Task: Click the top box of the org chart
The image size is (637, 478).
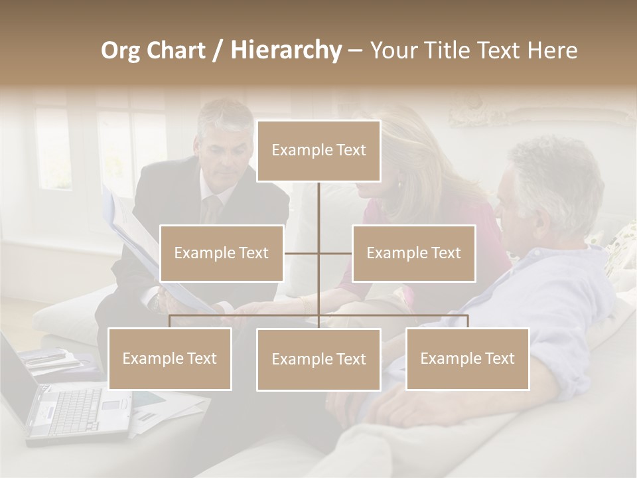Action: point(318,151)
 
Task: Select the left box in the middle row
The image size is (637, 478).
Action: point(222,253)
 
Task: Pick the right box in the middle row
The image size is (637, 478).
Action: point(413,253)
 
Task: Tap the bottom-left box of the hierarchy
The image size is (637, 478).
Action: point(170,358)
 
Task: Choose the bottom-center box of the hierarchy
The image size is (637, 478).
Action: point(318,359)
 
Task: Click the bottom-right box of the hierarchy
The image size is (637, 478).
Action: point(467,358)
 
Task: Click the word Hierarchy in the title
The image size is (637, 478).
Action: point(286,50)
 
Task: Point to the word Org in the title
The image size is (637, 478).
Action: point(120,50)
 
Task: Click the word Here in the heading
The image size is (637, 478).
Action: point(552,50)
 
